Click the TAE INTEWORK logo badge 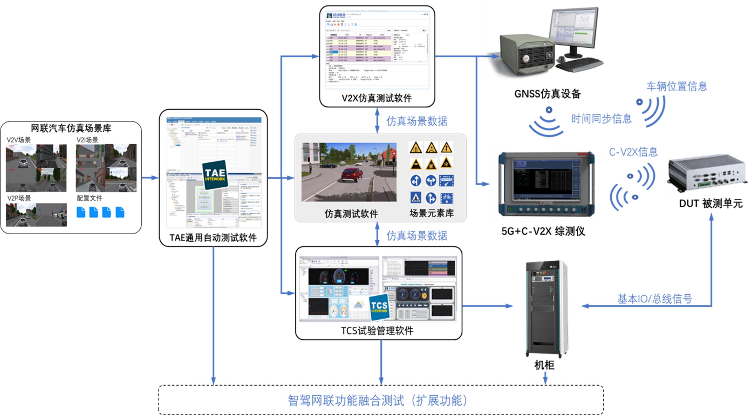pos(215,175)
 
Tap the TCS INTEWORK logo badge pos(379,307)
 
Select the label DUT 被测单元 pos(711,203)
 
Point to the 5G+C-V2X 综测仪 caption pos(543,231)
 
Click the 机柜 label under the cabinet pos(544,365)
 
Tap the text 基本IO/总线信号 pos(654,299)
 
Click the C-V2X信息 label pos(633,152)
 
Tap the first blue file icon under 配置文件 pos(81,212)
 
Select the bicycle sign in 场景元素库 pos(446,198)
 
